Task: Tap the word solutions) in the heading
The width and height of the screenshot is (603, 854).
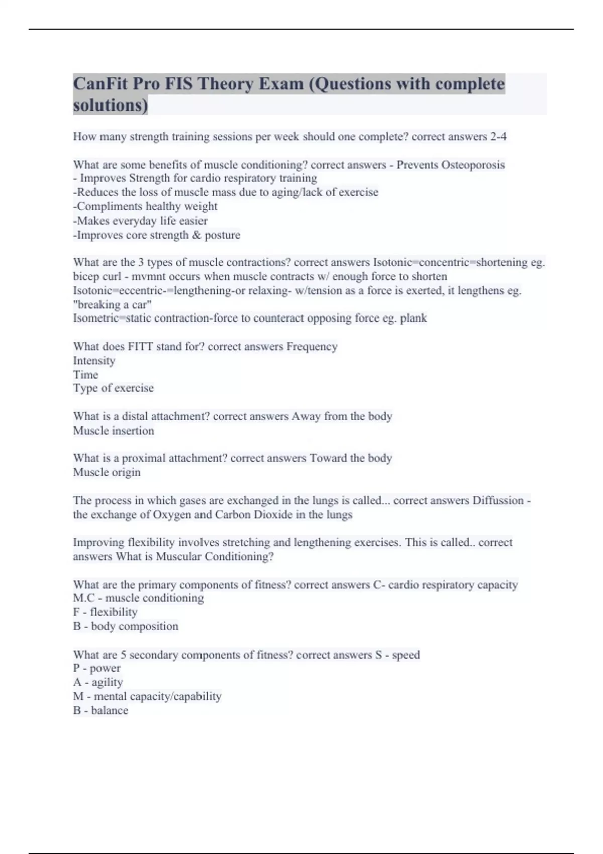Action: [x=111, y=105]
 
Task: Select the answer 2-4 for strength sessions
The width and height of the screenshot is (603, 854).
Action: [x=498, y=137]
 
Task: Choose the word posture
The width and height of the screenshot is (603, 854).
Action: [x=222, y=235]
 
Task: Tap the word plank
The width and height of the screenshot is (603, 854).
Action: [x=414, y=318]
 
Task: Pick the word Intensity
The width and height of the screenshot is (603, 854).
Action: [x=94, y=360]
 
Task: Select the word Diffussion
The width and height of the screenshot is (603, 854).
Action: [x=498, y=500]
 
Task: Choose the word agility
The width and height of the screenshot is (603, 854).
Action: [x=107, y=682]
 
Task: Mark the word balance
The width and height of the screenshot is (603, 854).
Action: [x=110, y=710]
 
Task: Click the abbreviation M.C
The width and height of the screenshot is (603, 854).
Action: [x=84, y=598]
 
